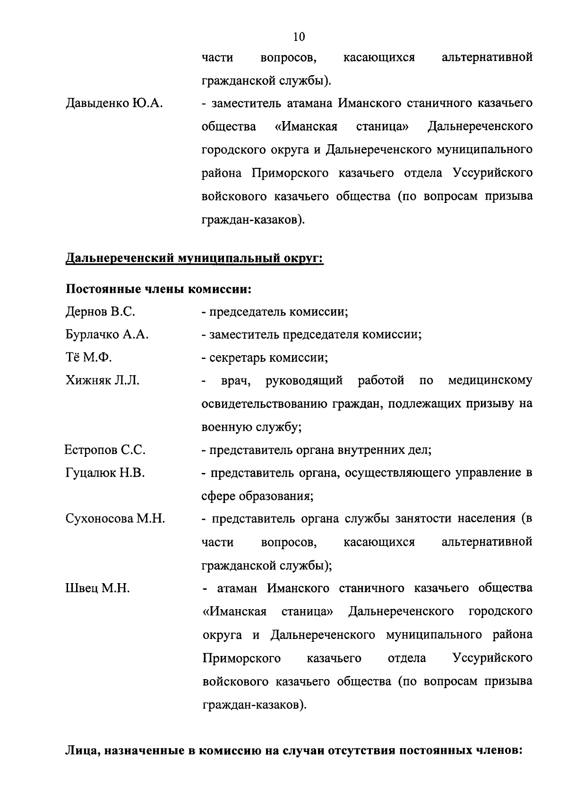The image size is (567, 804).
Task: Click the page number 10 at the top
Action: click(x=299, y=36)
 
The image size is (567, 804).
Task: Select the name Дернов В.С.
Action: click(x=100, y=312)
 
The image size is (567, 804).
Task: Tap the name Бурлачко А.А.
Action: click(x=107, y=335)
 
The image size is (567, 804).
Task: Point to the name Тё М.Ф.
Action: click(x=88, y=358)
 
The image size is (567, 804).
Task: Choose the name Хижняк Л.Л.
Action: click(x=103, y=381)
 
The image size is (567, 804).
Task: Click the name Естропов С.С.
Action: click(x=105, y=450)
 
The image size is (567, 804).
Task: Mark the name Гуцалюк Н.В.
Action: click(x=105, y=473)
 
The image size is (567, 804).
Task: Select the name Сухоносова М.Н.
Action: click(x=115, y=519)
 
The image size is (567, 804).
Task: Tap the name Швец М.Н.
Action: click(x=97, y=588)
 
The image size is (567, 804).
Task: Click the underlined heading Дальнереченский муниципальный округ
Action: click(x=194, y=259)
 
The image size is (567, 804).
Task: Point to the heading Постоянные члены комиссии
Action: click(x=158, y=288)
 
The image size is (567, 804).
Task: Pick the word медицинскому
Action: click(x=490, y=381)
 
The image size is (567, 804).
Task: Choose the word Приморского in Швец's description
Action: click(x=241, y=658)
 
